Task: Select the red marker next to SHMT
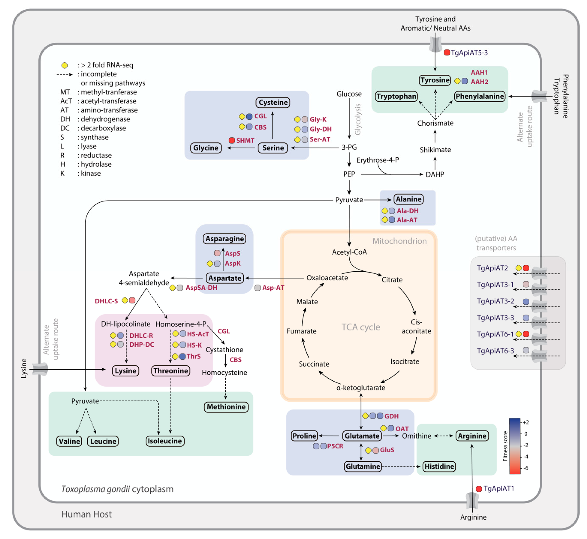(x=232, y=140)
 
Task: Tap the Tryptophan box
(x=396, y=96)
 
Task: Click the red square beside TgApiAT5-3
(x=447, y=53)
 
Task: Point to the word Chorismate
(x=435, y=123)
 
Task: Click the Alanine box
(x=408, y=199)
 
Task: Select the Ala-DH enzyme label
(x=408, y=211)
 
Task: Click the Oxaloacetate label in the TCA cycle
(x=327, y=278)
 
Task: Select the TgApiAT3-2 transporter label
(x=495, y=301)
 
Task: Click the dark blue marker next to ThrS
(x=182, y=356)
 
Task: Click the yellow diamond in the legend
(x=65, y=65)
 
